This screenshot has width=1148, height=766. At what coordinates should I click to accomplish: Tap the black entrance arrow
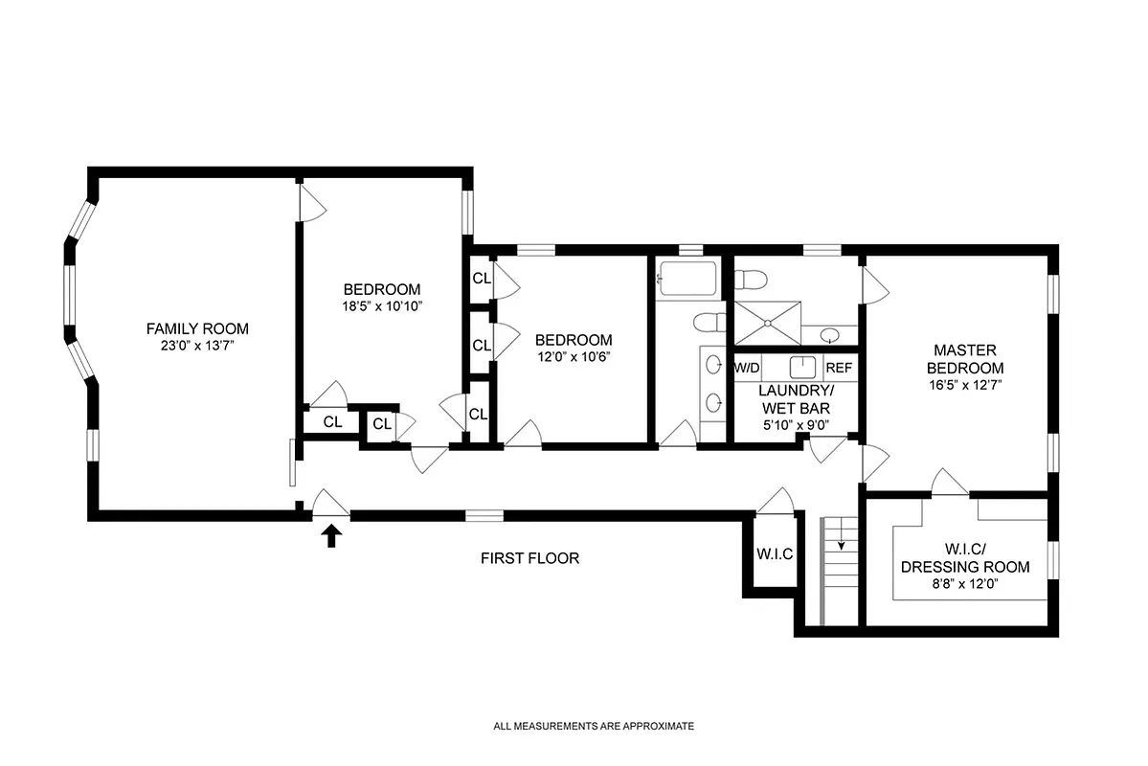pyautogui.click(x=332, y=535)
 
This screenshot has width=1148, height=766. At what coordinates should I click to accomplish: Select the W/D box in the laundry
pyautogui.click(x=748, y=368)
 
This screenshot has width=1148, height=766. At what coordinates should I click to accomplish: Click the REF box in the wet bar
pyautogui.click(x=839, y=368)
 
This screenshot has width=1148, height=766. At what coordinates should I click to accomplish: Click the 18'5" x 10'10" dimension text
pyautogui.click(x=382, y=306)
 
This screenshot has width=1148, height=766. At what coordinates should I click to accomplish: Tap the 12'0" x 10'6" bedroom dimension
pyautogui.click(x=574, y=357)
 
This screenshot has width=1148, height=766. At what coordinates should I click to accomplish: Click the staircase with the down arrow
pyautogui.click(x=842, y=565)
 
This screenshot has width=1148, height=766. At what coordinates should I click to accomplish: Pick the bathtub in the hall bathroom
pyautogui.click(x=687, y=281)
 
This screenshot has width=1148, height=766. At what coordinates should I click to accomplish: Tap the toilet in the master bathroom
pyautogui.click(x=751, y=280)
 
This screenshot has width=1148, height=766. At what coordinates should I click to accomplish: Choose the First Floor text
pyautogui.click(x=529, y=558)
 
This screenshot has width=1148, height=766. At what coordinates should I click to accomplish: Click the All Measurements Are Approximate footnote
pyautogui.click(x=593, y=727)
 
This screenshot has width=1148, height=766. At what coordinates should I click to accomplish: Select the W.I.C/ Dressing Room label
pyautogui.click(x=965, y=557)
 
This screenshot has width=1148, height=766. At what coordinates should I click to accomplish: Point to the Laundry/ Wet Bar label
pyautogui.click(x=796, y=399)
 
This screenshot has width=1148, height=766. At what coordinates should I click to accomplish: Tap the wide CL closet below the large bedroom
pyautogui.click(x=332, y=421)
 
